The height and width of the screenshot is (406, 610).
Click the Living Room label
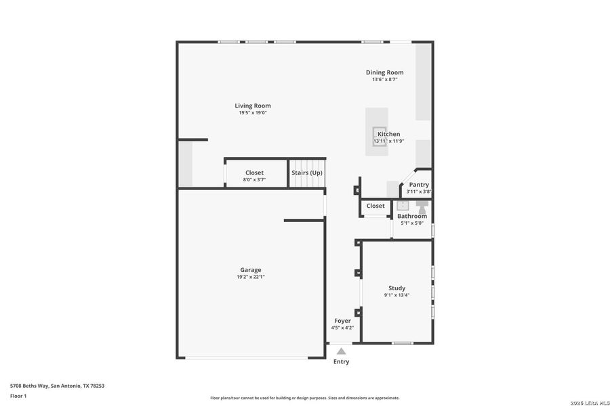[253, 106]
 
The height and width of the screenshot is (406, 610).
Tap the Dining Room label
[384, 72]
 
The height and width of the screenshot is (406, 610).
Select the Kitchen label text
[388, 134]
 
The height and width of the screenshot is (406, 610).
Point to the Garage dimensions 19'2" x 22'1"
[250, 277]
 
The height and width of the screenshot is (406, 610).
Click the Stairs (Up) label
[306, 173]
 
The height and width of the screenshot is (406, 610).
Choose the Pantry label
[419, 185]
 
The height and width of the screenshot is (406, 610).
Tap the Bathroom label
[411, 216]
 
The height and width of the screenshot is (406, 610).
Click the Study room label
[396, 288]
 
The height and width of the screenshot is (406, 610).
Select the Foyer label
[342, 321]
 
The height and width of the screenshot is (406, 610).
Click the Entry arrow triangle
[341, 351]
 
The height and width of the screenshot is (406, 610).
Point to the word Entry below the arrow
[341, 362]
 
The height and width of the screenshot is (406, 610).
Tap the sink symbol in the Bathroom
[403, 206]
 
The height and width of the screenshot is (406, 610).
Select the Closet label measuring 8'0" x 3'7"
[254, 173]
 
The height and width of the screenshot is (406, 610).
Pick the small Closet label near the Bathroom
[375, 206]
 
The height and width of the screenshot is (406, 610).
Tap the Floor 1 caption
[18, 396]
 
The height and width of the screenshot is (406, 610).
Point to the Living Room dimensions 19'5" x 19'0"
[253, 113]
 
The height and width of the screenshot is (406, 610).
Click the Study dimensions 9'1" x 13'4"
[396, 295]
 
